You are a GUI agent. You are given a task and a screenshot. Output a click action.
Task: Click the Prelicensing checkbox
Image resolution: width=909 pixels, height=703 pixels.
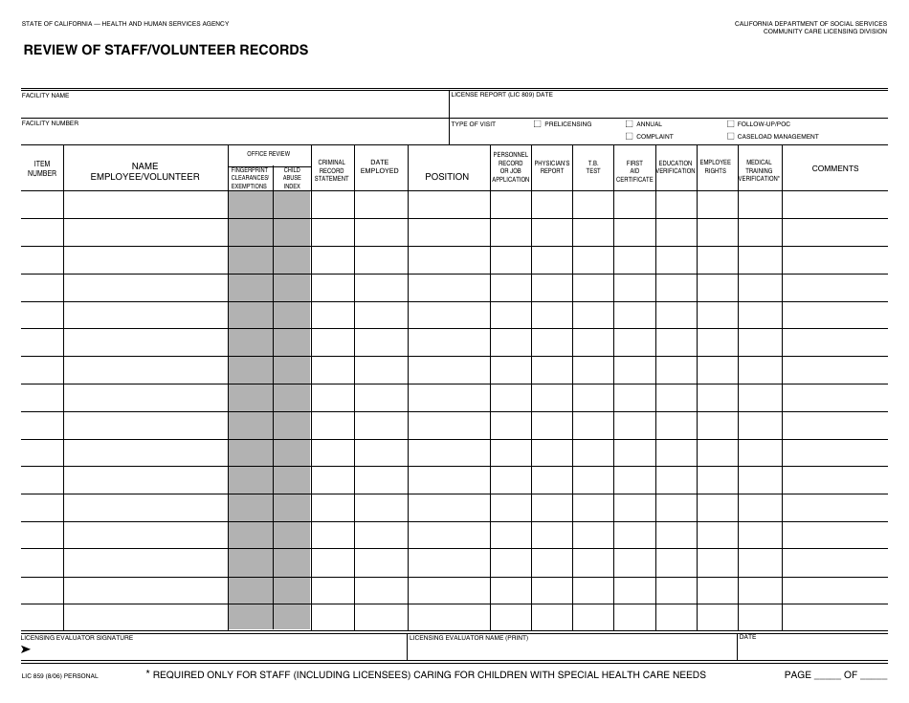pyautogui.click(x=538, y=123)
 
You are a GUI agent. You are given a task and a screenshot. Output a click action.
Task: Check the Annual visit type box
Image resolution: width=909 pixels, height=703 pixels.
pyautogui.click(x=629, y=123)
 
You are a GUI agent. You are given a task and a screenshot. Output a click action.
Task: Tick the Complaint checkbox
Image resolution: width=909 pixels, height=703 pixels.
pyautogui.click(x=629, y=136)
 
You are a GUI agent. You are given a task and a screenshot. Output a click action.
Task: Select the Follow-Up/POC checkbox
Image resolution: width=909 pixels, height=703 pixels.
pyautogui.click(x=731, y=123)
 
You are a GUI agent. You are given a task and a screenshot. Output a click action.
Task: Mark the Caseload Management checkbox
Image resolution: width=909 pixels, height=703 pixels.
pyautogui.click(x=731, y=136)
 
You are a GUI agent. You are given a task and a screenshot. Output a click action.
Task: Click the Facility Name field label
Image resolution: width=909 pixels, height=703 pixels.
pyautogui.click(x=45, y=96)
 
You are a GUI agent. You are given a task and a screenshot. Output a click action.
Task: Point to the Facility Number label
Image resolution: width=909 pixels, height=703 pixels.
pyautogui.click(x=50, y=123)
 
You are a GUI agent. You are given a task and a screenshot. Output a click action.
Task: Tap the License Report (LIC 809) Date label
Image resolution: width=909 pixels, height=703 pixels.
pyautogui.click(x=502, y=95)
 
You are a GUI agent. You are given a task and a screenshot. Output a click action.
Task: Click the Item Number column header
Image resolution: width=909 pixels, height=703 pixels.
pyautogui.click(x=42, y=168)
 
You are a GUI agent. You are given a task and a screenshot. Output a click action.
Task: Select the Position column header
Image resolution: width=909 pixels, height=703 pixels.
pyautogui.click(x=447, y=176)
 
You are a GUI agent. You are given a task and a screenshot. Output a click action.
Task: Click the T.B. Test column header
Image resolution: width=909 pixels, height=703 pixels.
pyautogui.click(x=593, y=166)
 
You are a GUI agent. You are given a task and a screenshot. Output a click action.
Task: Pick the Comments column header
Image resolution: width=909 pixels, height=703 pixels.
pyautogui.click(x=835, y=168)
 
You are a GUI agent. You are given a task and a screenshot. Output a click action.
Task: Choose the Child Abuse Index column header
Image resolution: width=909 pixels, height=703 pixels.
pyautogui.click(x=292, y=178)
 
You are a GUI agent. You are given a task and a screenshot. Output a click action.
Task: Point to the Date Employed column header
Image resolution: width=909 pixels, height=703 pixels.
pyautogui.click(x=380, y=166)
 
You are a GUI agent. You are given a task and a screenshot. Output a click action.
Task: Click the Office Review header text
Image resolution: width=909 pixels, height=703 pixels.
pyautogui.click(x=268, y=153)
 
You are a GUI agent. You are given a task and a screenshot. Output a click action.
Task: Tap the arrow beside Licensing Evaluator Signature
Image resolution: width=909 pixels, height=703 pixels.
pyautogui.click(x=26, y=649)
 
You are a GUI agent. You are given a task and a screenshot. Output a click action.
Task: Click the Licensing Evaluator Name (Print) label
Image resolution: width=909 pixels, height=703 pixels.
pyautogui.click(x=468, y=637)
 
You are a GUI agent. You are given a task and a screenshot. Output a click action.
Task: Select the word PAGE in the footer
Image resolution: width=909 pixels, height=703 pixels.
pyautogui.click(x=797, y=674)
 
